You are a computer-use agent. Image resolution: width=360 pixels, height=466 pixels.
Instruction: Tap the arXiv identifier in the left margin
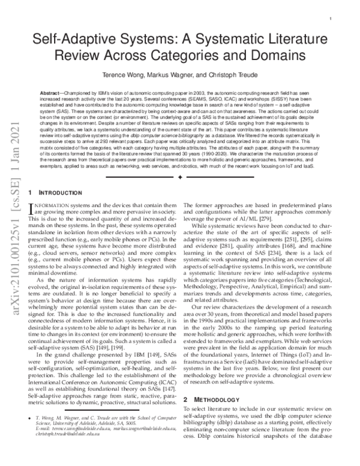click(x=11, y=234)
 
